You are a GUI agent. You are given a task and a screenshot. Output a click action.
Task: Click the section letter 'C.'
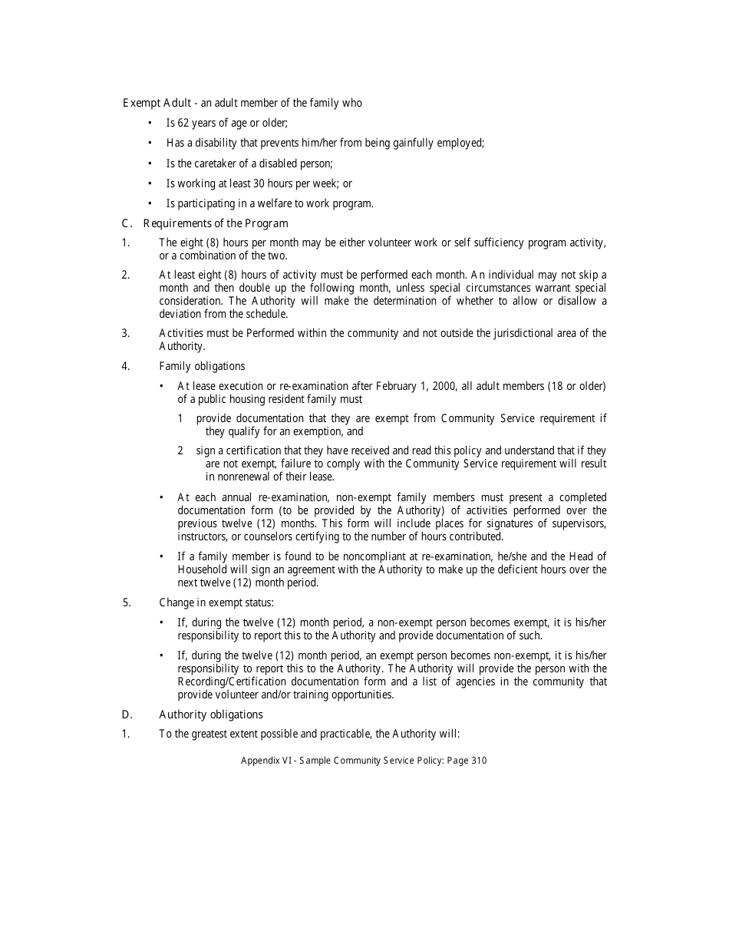coord(127,223)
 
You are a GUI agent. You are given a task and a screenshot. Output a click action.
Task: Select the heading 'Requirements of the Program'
coord(216,223)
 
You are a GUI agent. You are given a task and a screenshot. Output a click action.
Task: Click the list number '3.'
coord(125,333)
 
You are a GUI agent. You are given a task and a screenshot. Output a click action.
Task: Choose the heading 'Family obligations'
coord(202,366)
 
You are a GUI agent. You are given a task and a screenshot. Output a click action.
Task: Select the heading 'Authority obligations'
coord(210,715)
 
